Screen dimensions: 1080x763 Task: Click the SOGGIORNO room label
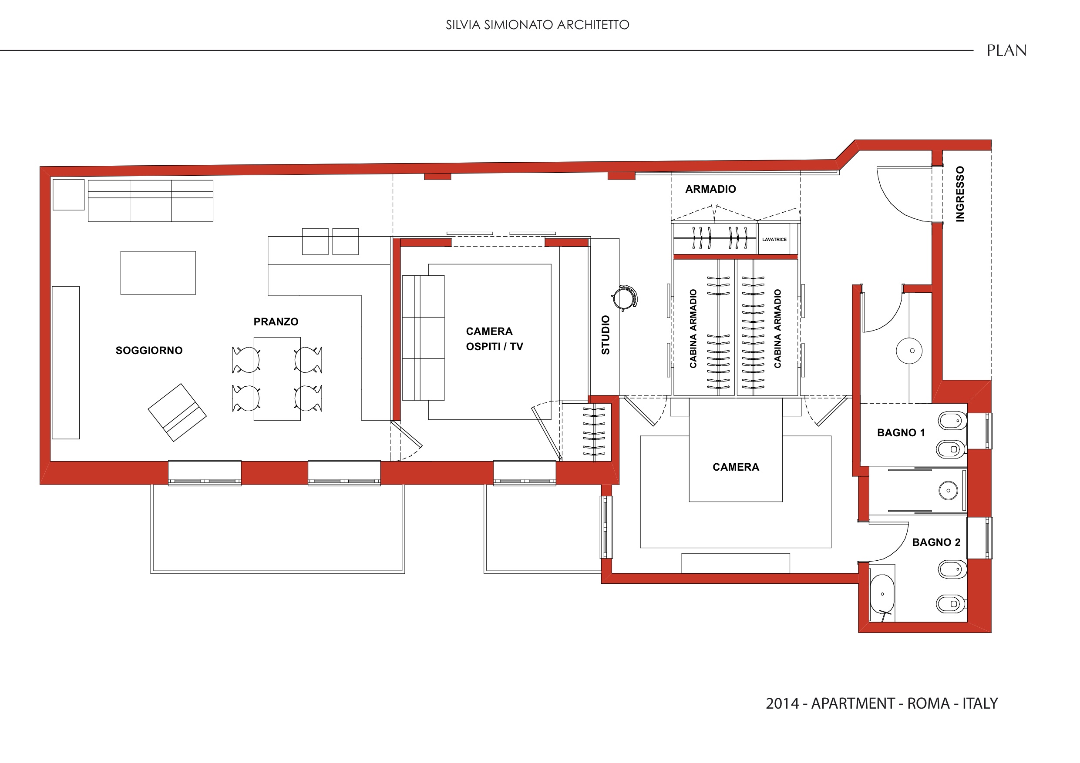pyautogui.click(x=149, y=350)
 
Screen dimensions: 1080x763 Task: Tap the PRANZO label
pyautogui.click(x=276, y=321)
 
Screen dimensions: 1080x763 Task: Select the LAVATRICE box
pyautogui.click(x=774, y=239)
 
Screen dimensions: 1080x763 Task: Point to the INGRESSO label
pyautogui.click(x=960, y=194)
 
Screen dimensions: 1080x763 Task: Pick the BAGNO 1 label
pyautogui.click(x=901, y=432)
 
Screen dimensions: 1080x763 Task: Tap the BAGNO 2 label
pyautogui.click(x=936, y=542)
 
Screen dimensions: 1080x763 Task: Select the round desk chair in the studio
pyautogui.click(x=624, y=298)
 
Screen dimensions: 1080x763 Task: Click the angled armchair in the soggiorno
pyautogui.click(x=177, y=412)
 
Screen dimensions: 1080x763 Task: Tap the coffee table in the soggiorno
pyautogui.click(x=158, y=273)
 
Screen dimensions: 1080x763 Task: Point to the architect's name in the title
pyautogui.click(x=538, y=25)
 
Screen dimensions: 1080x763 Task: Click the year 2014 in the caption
pyautogui.click(x=782, y=703)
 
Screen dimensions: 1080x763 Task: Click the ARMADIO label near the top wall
pyautogui.click(x=710, y=189)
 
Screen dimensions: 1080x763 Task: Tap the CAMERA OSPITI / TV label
pyautogui.click(x=495, y=339)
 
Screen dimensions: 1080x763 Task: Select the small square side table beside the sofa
pyautogui.click(x=69, y=194)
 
